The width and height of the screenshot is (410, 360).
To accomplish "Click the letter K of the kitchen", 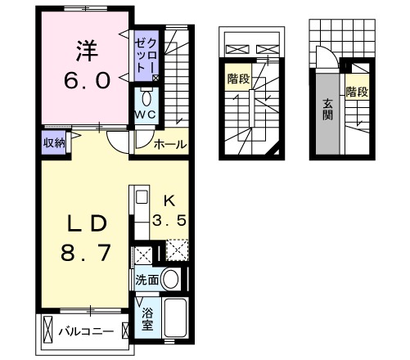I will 169,200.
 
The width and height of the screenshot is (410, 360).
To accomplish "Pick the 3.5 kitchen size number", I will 170,220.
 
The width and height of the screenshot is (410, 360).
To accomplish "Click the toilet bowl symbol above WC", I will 146,94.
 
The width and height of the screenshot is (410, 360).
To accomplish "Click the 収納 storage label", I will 55,141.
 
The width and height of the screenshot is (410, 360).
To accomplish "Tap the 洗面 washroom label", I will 148,279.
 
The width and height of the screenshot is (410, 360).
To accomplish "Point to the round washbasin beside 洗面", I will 171,279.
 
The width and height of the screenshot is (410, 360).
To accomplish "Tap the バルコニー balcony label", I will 84,331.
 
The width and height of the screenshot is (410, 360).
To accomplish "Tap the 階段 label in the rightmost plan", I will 358,92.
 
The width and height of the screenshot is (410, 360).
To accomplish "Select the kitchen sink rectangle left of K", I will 140,197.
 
